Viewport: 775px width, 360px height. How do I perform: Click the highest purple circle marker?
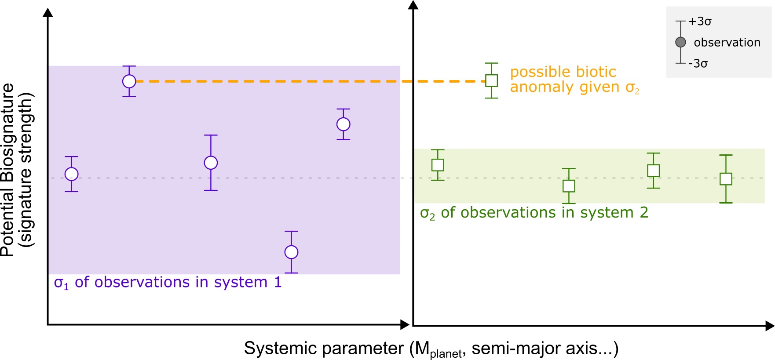[129, 81]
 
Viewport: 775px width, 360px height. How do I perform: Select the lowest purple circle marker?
[291, 252]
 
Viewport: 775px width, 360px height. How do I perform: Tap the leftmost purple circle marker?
[72, 174]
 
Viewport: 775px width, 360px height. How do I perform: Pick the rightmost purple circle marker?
[343, 124]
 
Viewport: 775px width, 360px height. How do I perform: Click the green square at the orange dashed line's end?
[491, 80]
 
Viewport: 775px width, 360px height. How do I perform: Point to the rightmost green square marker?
[726, 179]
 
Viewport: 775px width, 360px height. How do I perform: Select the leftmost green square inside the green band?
[438, 165]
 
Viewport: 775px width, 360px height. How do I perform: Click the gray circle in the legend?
[680, 42]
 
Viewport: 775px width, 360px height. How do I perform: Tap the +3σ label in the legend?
[700, 22]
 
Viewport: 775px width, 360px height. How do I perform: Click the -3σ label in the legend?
[698, 64]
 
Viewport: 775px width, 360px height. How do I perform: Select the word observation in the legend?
[727, 43]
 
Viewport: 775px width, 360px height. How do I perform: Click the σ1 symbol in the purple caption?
[61, 283]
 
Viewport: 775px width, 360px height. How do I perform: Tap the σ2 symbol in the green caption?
[428, 214]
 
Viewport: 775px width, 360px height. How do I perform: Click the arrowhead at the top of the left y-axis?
[48, 12]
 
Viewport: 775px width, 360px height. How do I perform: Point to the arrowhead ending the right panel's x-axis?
[770, 326]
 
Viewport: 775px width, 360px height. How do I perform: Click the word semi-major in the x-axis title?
[509, 348]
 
